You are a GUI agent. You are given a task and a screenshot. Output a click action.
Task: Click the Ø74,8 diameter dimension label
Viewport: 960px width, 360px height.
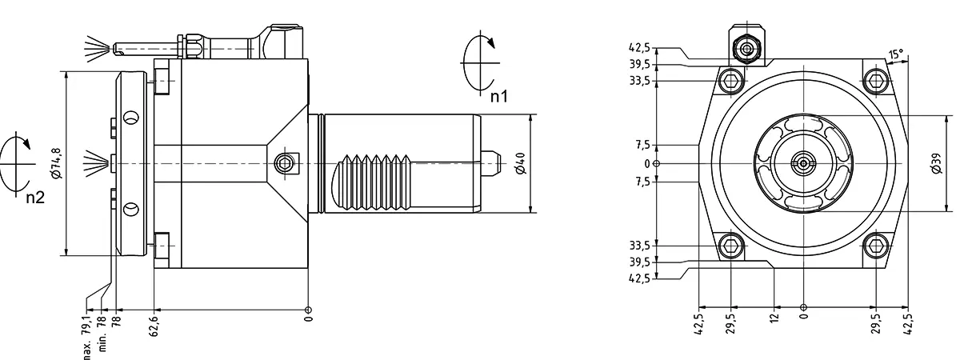pyautogui.click(x=56, y=162)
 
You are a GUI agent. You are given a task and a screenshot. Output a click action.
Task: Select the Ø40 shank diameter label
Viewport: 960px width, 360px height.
pyautogui.click(x=521, y=164)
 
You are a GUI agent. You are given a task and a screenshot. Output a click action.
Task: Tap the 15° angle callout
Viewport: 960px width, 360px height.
pyautogui.click(x=896, y=54)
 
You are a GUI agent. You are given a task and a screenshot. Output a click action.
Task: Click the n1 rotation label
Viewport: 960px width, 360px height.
pyautogui.click(x=499, y=97)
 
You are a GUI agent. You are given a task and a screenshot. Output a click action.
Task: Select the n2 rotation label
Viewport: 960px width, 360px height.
pyautogui.click(x=34, y=198)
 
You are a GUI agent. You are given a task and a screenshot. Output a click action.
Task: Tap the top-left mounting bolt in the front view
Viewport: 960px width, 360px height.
pyautogui.click(x=730, y=80)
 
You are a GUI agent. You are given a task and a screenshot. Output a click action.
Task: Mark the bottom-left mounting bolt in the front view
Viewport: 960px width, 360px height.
pyautogui.click(x=730, y=246)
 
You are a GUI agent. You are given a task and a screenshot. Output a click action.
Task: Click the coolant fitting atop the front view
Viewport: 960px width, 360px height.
pyautogui.click(x=746, y=49)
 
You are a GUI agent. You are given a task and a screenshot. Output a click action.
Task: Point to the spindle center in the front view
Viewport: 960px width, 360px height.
pyautogui.click(x=802, y=164)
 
